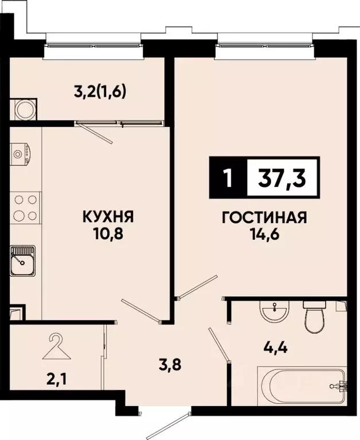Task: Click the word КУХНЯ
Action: click(x=108, y=217)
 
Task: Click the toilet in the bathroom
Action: click(x=315, y=316)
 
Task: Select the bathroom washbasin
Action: click(x=274, y=313)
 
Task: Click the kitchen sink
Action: click(x=23, y=260)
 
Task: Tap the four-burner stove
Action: click(x=25, y=208)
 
